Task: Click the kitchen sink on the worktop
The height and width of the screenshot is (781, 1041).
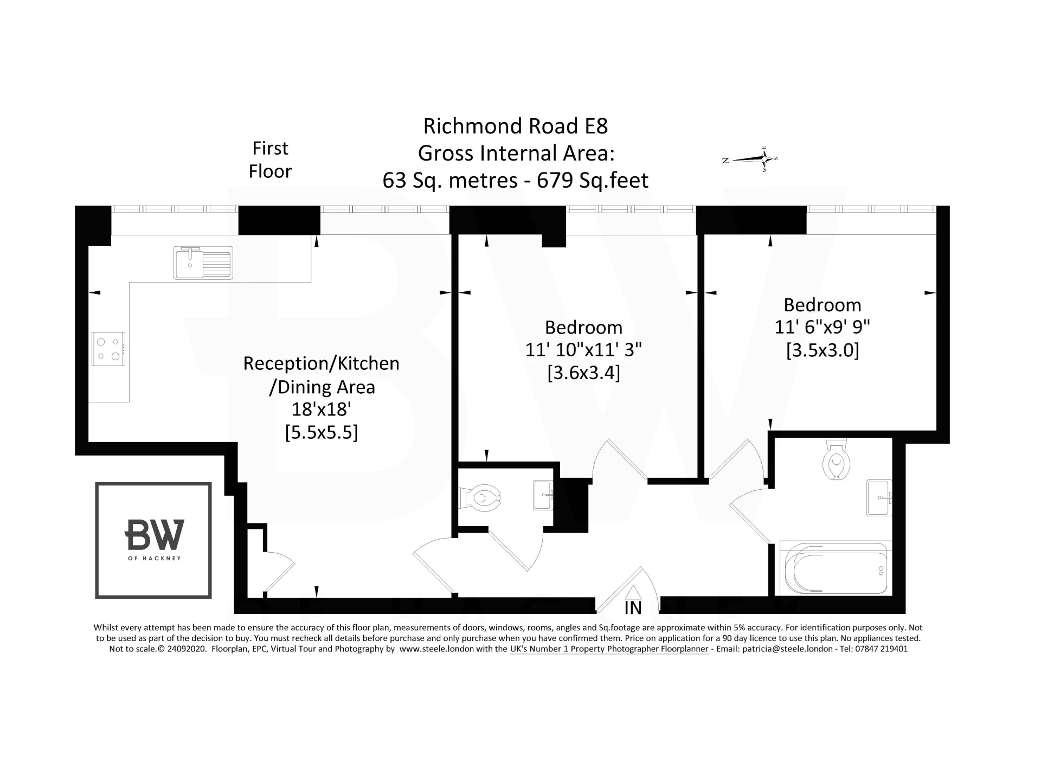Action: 203,263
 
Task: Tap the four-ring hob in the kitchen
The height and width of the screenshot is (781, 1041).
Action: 108,349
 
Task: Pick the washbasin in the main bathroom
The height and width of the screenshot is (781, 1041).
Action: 879,497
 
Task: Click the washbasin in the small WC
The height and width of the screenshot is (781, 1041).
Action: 543,495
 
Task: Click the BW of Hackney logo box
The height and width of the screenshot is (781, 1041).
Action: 153,540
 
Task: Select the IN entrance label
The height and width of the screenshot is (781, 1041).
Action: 633,608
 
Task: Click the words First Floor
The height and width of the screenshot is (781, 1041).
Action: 270,159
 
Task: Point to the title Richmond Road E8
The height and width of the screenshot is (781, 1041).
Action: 515,126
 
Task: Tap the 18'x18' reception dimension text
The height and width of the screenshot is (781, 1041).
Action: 322,409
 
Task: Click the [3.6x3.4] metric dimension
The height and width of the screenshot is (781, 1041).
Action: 583,373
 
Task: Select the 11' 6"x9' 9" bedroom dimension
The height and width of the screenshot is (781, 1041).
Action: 822,327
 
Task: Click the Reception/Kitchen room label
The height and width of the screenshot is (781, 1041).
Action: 321,363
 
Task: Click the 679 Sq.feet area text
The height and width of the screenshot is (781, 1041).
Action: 593,180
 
